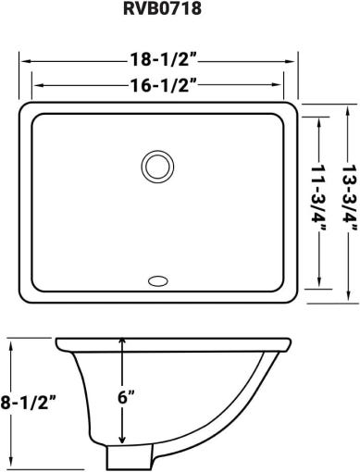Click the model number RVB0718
(162, 8)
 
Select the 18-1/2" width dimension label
(164, 59)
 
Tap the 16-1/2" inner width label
(164, 85)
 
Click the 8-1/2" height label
(29, 403)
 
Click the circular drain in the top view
(157, 167)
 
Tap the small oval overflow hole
(158, 281)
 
